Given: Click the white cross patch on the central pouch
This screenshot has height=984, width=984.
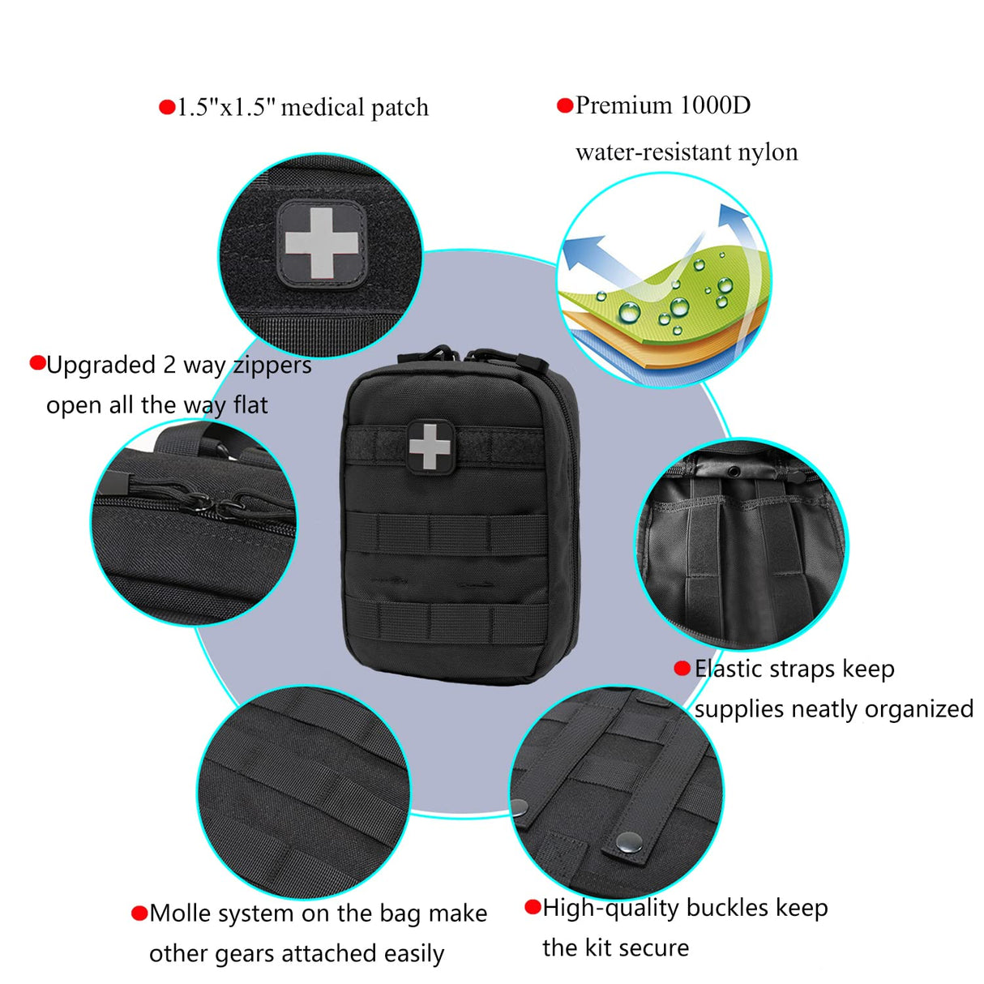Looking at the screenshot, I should pos(430,445).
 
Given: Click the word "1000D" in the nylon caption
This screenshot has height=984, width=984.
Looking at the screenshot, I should pos(715,105).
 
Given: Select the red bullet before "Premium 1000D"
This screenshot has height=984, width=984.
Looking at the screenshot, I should pos(565,105).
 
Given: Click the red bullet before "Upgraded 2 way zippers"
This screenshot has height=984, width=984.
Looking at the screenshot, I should pos(37,363).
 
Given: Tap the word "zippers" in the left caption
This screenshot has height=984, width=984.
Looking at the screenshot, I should pos(272,366).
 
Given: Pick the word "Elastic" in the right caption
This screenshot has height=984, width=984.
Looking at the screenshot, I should pos(727,669).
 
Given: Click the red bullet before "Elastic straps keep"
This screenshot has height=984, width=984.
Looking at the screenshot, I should pos(682,669).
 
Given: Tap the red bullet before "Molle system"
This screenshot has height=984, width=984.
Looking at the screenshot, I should pos(139,913).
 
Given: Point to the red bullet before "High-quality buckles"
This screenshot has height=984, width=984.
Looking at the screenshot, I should pos(533,907).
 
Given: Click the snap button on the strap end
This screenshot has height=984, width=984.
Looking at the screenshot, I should pos(625,842).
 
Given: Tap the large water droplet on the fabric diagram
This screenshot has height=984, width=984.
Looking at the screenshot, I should pos(630,311).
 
